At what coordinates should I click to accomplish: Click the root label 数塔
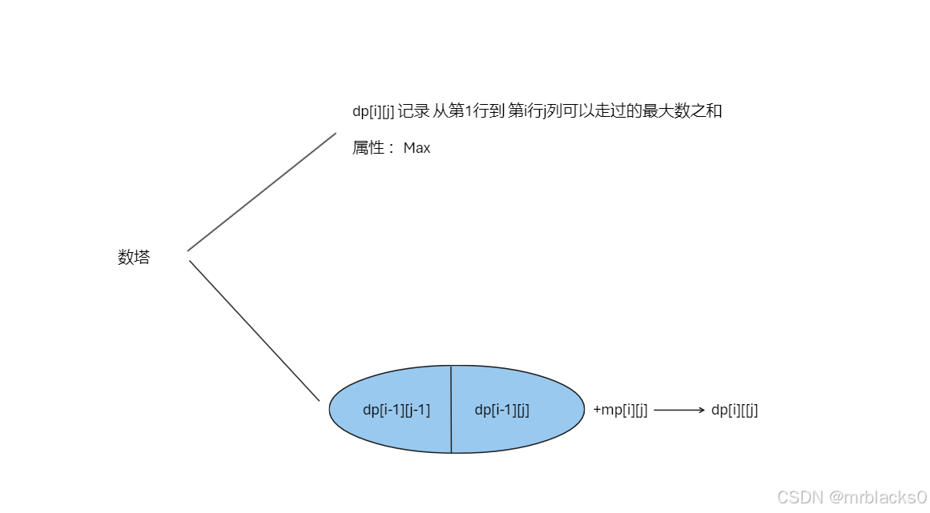click(x=134, y=258)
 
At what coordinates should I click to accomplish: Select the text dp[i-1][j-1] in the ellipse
click(x=397, y=410)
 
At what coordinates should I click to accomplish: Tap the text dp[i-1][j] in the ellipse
click(x=502, y=410)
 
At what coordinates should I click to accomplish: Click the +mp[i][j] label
click(x=620, y=410)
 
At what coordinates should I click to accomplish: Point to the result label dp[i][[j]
click(x=735, y=410)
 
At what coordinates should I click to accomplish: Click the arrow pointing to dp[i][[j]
click(x=678, y=410)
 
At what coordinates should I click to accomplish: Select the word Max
click(x=417, y=148)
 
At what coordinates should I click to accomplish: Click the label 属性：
click(x=373, y=148)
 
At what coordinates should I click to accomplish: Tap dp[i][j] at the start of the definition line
click(x=372, y=111)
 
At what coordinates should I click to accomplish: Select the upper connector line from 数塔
click(x=262, y=191)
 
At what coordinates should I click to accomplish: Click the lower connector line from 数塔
click(x=255, y=330)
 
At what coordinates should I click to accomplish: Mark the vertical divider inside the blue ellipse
click(x=451, y=410)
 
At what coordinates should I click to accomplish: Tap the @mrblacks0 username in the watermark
click(x=879, y=497)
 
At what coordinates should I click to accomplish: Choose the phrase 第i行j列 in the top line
click(x=535, y=111)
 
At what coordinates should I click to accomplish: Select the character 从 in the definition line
click(x=440, y=111)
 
